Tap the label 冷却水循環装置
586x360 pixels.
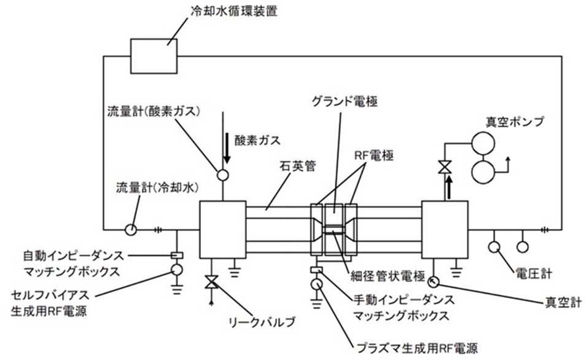(234, 11)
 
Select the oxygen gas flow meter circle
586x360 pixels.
(223, 175)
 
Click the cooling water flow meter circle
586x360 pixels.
(131, 230)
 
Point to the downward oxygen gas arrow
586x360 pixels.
(227, 149)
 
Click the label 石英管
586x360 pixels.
(298, 166)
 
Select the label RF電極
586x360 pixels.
(374, 155)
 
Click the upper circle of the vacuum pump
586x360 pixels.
(483, 143)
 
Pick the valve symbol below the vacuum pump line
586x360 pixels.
(445, 166)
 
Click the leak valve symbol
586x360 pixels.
(212, 281)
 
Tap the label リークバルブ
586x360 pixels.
(262, 321)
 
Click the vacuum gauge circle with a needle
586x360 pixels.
(434, 281)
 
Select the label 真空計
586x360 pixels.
(563, 302)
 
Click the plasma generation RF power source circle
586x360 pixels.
(316, 284)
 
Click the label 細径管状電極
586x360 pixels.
(388, 276)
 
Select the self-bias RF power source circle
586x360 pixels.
(176, 269)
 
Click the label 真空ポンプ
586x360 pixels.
(515, 122)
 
